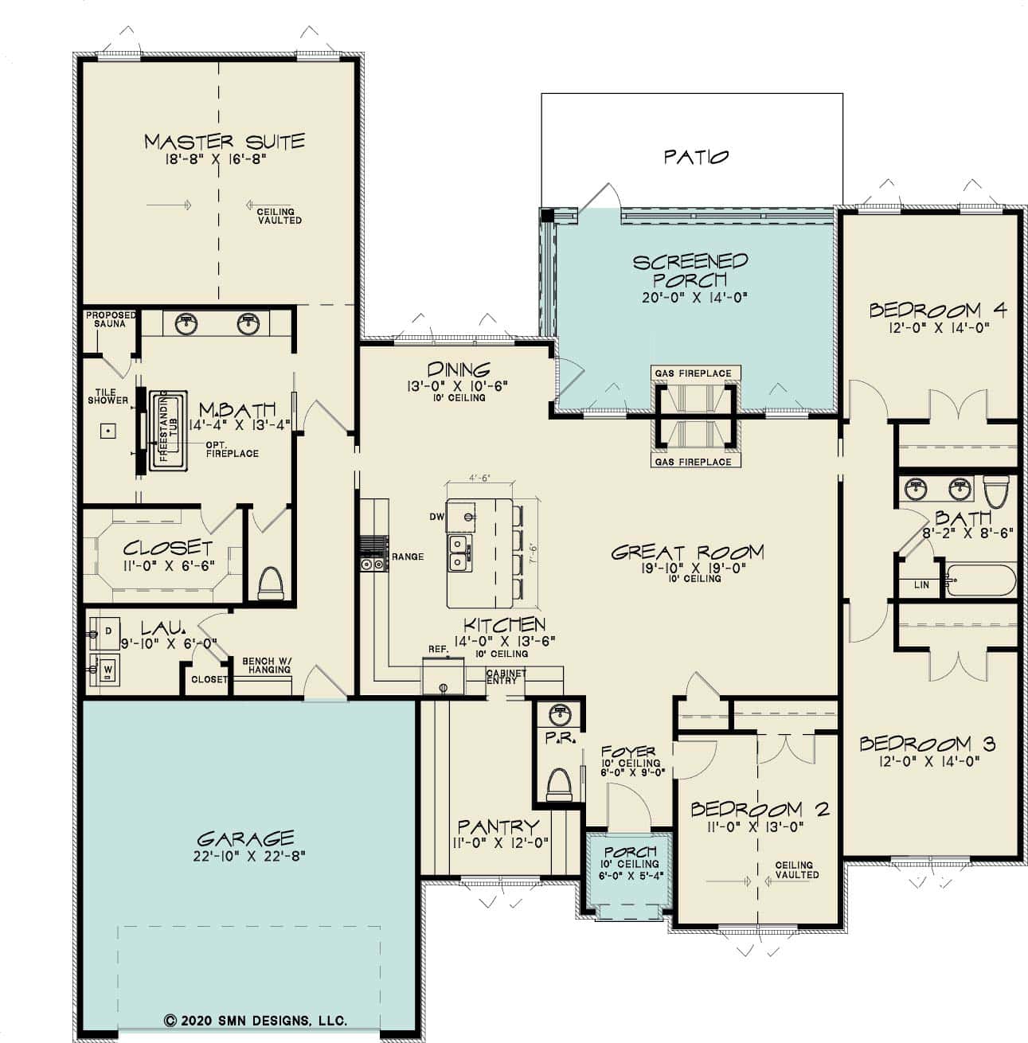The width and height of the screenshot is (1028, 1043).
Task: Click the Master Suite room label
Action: pyautogui.click(x=224, y=142)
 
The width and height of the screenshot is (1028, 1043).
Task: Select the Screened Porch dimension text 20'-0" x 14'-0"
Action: pyautogui.click(x=690, y=298)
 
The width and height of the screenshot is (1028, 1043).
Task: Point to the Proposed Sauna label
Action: pyautogui.click(x=110, y=319)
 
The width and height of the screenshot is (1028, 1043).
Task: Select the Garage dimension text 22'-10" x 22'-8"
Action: pyautogui.click(x=245, y=856)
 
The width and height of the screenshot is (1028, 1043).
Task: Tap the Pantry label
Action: pyautogui.click(x=498, y=827)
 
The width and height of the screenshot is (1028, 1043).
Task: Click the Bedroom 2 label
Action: pyautogui.click(x=759, y=810)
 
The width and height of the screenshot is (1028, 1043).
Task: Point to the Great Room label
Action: pyautogui.click(x=687, y=552)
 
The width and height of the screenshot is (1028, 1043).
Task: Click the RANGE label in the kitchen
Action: pyautogui.click(x=408, y=557)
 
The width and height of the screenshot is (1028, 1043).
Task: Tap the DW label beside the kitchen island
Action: pyautogui.click(x=436, y=517)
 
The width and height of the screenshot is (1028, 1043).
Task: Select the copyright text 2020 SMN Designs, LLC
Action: pyautogui.click(x=255, y=1021)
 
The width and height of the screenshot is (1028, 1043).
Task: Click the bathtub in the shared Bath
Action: pyautogui.click(x=980, y=580)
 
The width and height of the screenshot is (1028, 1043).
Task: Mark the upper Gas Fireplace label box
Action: pyautogui.click(x=693, y=373)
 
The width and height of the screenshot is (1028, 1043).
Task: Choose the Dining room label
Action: pyautogui.click(x=458, y=369)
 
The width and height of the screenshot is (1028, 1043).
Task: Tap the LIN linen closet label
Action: pyautogui.click(x=921, y=585)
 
